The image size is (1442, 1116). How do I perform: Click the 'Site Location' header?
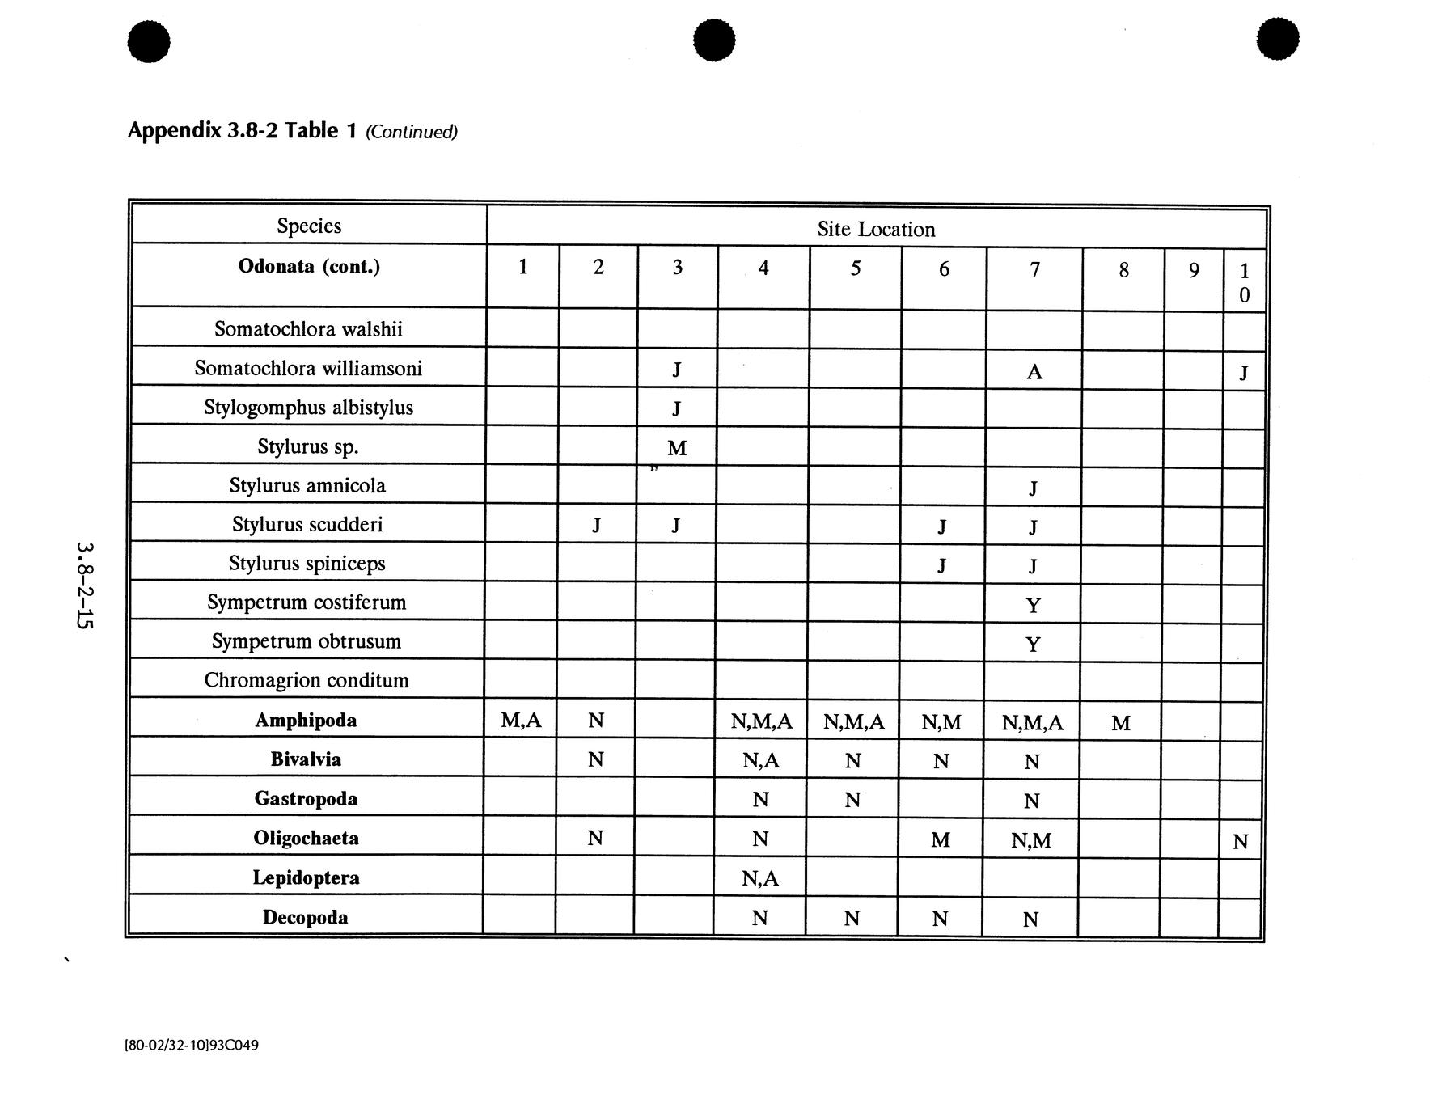[x=876, y=230]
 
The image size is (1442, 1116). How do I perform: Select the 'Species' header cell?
[x=309, y=226]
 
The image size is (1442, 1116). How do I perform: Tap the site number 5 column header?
[x=855, y=268]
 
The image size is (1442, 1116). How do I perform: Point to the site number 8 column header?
[x=1123, y=270]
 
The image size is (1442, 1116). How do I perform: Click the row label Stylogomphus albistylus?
[x=308, y=407]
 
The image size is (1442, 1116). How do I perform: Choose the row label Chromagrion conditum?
[x=306, y=680]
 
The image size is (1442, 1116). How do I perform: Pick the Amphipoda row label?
[x=306, y=720]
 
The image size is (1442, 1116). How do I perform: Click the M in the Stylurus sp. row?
[x=677, y=448]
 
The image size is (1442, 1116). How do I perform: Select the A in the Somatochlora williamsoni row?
[x=1034, y=372]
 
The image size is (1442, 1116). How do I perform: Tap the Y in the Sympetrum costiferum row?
[x=1033, y=606]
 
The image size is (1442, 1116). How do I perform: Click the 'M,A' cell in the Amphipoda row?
[x=521, y=720]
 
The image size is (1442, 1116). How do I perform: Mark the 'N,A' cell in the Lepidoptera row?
[x=759, y=878]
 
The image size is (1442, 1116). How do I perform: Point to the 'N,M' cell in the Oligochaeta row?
[x=1031, y=841]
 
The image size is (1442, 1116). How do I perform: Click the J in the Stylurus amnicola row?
[x=1034, y=488]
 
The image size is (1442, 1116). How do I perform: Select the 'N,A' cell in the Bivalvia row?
[x=760, y=760]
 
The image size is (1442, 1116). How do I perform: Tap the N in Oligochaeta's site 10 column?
[x=1240, y=842]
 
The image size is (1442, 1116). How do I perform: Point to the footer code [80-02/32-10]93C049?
[x=192, y=1045]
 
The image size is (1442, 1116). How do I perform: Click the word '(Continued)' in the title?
[x=411, y=132]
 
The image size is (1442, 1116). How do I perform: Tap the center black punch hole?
[x=714, y=40]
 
